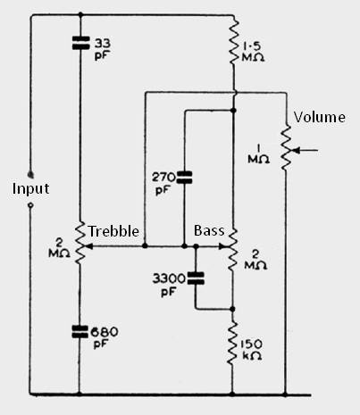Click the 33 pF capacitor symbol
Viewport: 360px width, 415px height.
click(80, 43)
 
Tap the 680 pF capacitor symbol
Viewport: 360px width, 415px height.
click(80, 332)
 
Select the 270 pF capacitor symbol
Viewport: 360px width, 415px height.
click(184, 178)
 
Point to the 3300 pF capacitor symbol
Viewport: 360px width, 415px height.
click(196, 278)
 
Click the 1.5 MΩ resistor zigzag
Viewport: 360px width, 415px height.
click(233, 41)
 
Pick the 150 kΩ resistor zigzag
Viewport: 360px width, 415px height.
click(232, 343)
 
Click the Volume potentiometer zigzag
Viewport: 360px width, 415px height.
click(287, 148)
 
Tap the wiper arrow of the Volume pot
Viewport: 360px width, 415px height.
click(305, 151)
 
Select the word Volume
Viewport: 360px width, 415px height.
click(320, 117)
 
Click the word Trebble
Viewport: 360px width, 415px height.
click(113, 231)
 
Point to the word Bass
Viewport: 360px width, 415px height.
click(209, 230)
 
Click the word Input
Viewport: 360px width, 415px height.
click(30, 188)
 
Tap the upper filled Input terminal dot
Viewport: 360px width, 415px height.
click(30, 175)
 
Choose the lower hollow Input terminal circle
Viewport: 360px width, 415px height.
click(30, 205)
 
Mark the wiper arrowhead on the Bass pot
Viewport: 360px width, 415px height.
click(222, 246)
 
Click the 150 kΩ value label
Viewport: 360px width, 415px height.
click(252, 350)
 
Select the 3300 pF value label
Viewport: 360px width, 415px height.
click(169, 286)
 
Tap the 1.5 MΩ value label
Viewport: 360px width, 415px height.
click(253, 53)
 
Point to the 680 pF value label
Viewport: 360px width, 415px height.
click(105, 338)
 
